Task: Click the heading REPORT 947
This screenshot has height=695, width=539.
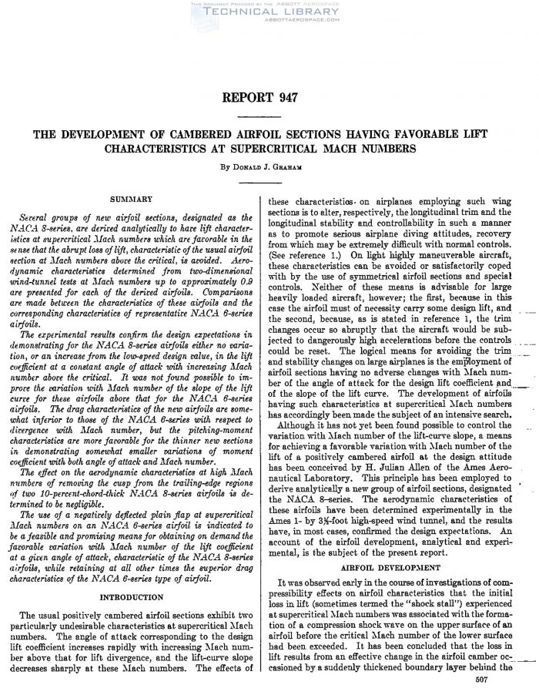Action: click(269, 99)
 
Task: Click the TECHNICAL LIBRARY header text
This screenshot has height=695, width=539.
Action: click(269, 12)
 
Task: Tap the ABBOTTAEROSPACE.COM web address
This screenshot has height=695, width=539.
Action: click(269, 22)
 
